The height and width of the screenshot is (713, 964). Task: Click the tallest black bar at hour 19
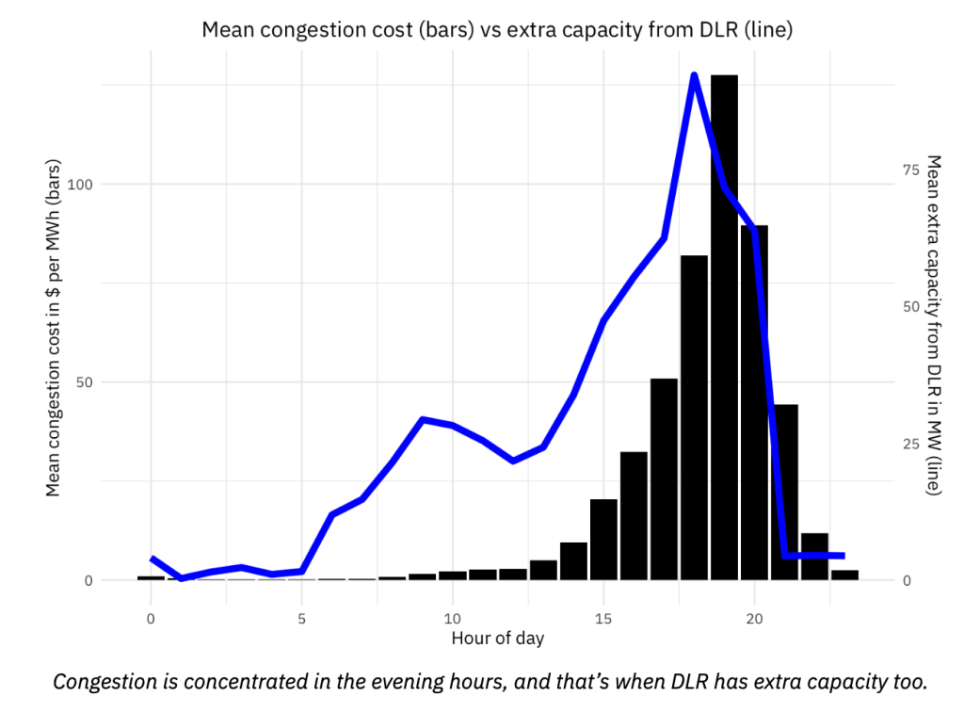tap(724, 330)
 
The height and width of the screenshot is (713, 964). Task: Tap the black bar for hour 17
tap(664, 480)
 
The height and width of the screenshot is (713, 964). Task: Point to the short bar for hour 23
tap(844, 575)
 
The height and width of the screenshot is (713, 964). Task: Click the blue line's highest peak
tap(694, 75)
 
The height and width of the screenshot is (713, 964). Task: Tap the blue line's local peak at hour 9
tap(423, 419)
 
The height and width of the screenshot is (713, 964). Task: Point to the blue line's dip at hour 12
tap(513, 461)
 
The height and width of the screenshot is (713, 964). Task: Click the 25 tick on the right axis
tap(909, 444)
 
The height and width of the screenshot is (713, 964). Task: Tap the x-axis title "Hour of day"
tap(497, 639)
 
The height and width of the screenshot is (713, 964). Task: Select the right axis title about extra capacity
tap(934, 325)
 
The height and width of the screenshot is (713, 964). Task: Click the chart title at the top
tap(497, 29)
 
